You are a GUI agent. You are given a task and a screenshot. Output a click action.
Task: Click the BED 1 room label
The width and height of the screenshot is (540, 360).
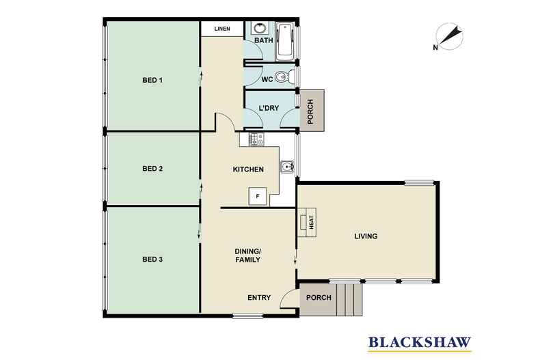(x=152, y=80)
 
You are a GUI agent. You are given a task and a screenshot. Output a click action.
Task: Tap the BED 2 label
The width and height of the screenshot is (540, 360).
(x=152, y=169)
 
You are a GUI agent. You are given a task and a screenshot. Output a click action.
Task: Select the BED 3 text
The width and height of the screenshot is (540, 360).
(x=152, y=260)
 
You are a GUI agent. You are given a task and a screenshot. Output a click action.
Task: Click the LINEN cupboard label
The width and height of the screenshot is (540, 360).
(x=222, y=29)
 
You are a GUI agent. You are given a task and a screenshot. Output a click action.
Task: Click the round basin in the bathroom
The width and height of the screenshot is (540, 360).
(x=258, y=28)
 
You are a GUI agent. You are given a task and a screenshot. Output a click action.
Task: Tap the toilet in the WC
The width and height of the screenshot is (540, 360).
(x=284, y=77)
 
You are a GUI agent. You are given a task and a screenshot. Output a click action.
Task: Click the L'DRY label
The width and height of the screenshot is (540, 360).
(x=269, y=108)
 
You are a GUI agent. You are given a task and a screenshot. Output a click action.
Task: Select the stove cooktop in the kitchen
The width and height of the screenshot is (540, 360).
(x=256, y=139)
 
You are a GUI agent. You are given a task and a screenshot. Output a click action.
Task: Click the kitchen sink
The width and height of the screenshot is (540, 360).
(x=286, y=167)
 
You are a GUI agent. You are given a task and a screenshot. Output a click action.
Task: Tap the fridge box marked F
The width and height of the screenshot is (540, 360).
(x=258, y=197)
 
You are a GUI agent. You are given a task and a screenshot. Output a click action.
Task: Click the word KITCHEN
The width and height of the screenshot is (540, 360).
(x=248, y=169)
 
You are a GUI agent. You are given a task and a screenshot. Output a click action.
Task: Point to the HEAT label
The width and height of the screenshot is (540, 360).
(x=311, y=222)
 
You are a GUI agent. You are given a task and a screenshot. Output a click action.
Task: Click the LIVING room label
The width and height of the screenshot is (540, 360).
(x=366, y=236)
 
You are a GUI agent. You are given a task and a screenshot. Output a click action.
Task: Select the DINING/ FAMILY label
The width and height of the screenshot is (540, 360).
(x=247, y=255)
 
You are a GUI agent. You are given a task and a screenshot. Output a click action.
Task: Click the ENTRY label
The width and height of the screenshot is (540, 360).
(x=259, y=298)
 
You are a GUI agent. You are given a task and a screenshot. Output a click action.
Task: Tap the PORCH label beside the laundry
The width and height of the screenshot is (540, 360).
(x=310, y=111)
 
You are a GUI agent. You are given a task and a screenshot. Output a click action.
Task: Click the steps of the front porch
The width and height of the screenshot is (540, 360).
(x=349, y=299)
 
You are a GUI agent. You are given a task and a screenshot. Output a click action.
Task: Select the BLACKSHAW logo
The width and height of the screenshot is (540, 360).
(x=420, y=342)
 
